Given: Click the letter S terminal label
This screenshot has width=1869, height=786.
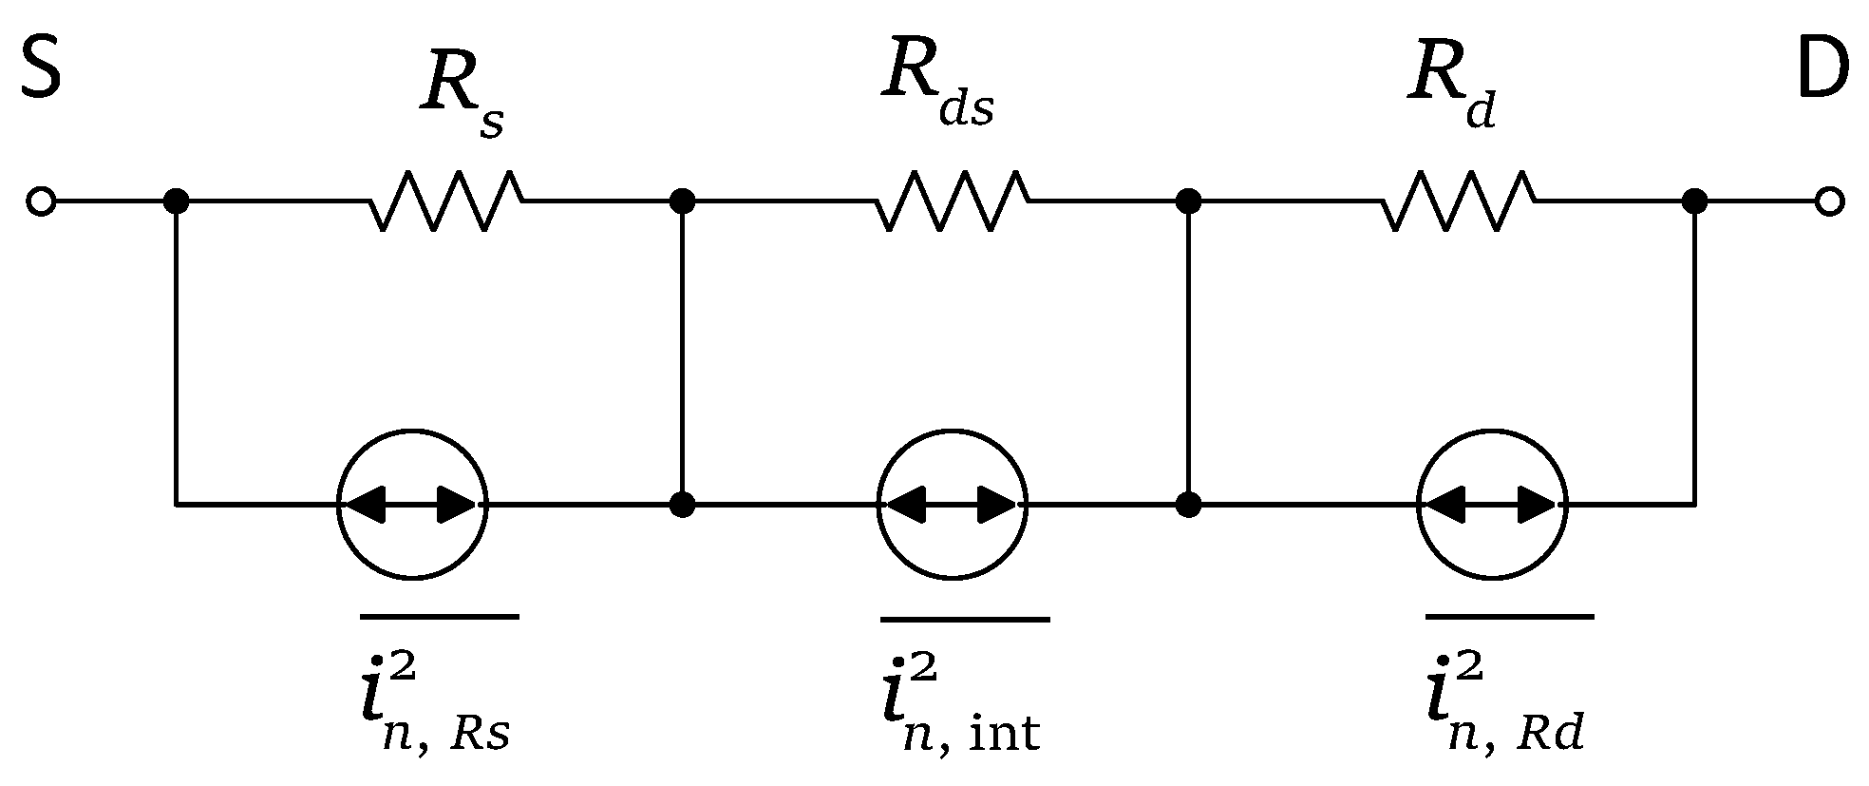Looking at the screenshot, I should tap(41, 69).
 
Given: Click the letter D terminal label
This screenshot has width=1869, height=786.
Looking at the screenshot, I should tap(1822, 69).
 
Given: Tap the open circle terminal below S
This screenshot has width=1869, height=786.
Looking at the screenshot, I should tap(41, 201).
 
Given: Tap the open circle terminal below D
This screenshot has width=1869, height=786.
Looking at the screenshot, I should tap(1829, 201).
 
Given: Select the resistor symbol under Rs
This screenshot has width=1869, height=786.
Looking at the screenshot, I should tap(445, 201).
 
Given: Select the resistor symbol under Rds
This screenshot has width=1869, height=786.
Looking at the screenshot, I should tap(952, 201).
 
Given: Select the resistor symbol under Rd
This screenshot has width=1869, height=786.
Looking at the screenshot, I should tap(1458, 201).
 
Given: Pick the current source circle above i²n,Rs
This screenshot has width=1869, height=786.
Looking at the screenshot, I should tap(413, 504).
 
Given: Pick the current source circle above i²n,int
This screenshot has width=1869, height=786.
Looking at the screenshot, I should tap(952, 504).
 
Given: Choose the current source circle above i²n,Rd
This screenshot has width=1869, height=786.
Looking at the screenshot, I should tap(1491, 504).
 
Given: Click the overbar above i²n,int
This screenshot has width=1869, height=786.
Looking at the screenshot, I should tap(965, 619).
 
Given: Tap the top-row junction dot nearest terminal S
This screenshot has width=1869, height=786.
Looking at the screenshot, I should tap(176, 201).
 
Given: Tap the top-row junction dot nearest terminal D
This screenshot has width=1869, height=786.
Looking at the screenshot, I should tap(1694, 201).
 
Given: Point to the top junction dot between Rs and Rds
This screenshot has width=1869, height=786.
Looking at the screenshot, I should tap(682, 201).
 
